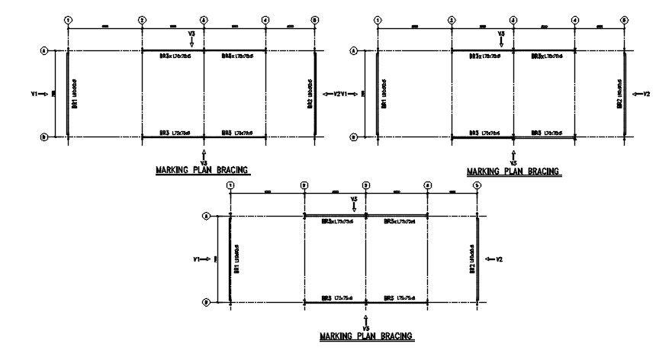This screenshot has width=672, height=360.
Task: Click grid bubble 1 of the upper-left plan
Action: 68,20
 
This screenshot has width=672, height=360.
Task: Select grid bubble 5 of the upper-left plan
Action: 315,20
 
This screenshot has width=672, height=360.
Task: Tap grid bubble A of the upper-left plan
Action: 43,51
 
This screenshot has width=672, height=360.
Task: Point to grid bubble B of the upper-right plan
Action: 352,138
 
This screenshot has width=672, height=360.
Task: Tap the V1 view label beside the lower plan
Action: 198,260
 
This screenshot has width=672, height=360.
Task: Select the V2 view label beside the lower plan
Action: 499,260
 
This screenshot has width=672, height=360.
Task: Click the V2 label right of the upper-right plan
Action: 646,94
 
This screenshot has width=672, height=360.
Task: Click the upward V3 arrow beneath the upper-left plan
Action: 204,155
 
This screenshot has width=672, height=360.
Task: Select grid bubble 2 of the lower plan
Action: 304,185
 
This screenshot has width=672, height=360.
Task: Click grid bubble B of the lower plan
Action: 206,303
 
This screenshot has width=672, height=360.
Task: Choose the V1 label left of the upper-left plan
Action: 34,94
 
